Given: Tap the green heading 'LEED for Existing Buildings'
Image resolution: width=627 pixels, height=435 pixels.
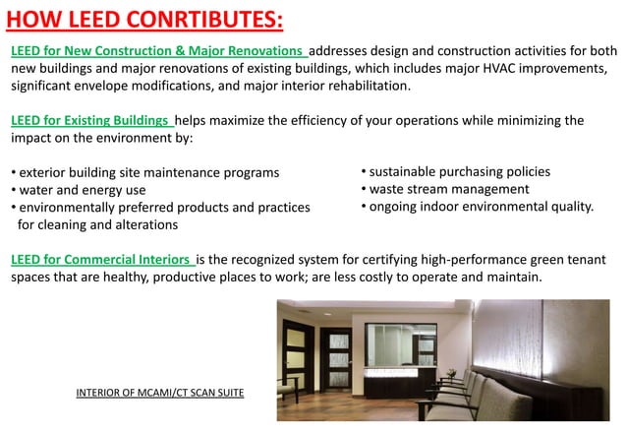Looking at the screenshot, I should [x=91, y=120].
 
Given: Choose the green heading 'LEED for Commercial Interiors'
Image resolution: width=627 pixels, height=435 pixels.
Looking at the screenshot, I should [x=101, y=260].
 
